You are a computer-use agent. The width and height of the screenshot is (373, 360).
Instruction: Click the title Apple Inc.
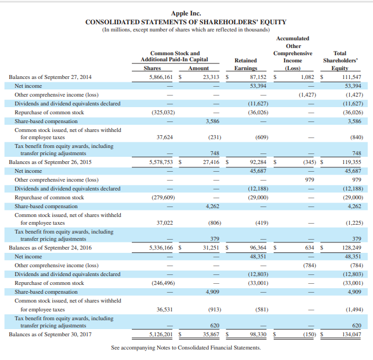tap(186, 13)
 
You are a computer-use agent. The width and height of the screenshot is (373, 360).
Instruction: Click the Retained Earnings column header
tap(246, 64)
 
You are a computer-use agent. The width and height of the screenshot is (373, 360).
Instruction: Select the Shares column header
tap(152, 68)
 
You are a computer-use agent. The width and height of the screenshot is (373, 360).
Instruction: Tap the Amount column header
tap(199, 68)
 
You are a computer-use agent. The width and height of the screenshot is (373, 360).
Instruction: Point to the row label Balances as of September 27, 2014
tap(50, 77)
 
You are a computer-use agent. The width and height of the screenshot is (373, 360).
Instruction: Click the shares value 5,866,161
tap(161, 77)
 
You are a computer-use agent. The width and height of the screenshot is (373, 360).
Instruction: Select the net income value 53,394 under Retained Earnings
tap(258, 86)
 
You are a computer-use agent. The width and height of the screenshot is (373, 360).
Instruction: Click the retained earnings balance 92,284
tap(258, 162)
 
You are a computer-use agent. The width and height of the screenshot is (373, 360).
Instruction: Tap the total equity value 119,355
tap(351, 162)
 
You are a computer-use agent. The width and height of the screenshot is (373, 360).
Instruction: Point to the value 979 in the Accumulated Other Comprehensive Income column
tap(310, 180)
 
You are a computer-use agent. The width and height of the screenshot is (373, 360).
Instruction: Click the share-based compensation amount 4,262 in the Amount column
tap(212, 206)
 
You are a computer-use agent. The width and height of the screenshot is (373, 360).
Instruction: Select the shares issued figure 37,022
tap(164, 223)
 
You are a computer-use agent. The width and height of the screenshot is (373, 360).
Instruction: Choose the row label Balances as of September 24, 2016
tap(50, 248)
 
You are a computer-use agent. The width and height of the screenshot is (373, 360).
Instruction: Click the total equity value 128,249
tap(351, 248)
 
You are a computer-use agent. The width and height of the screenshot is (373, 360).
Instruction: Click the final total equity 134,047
tap(351, 335)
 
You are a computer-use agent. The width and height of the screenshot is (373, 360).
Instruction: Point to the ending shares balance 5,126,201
tap(161, 335)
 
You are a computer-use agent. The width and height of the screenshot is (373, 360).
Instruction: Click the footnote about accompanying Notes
tap(186, 348)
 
